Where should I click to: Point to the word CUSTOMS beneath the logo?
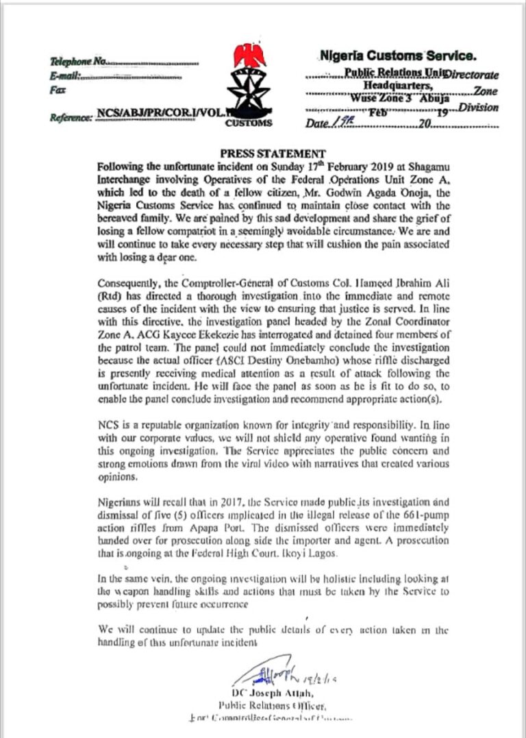click(x=249, y=124)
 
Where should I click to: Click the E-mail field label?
click(x=66, y=76)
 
